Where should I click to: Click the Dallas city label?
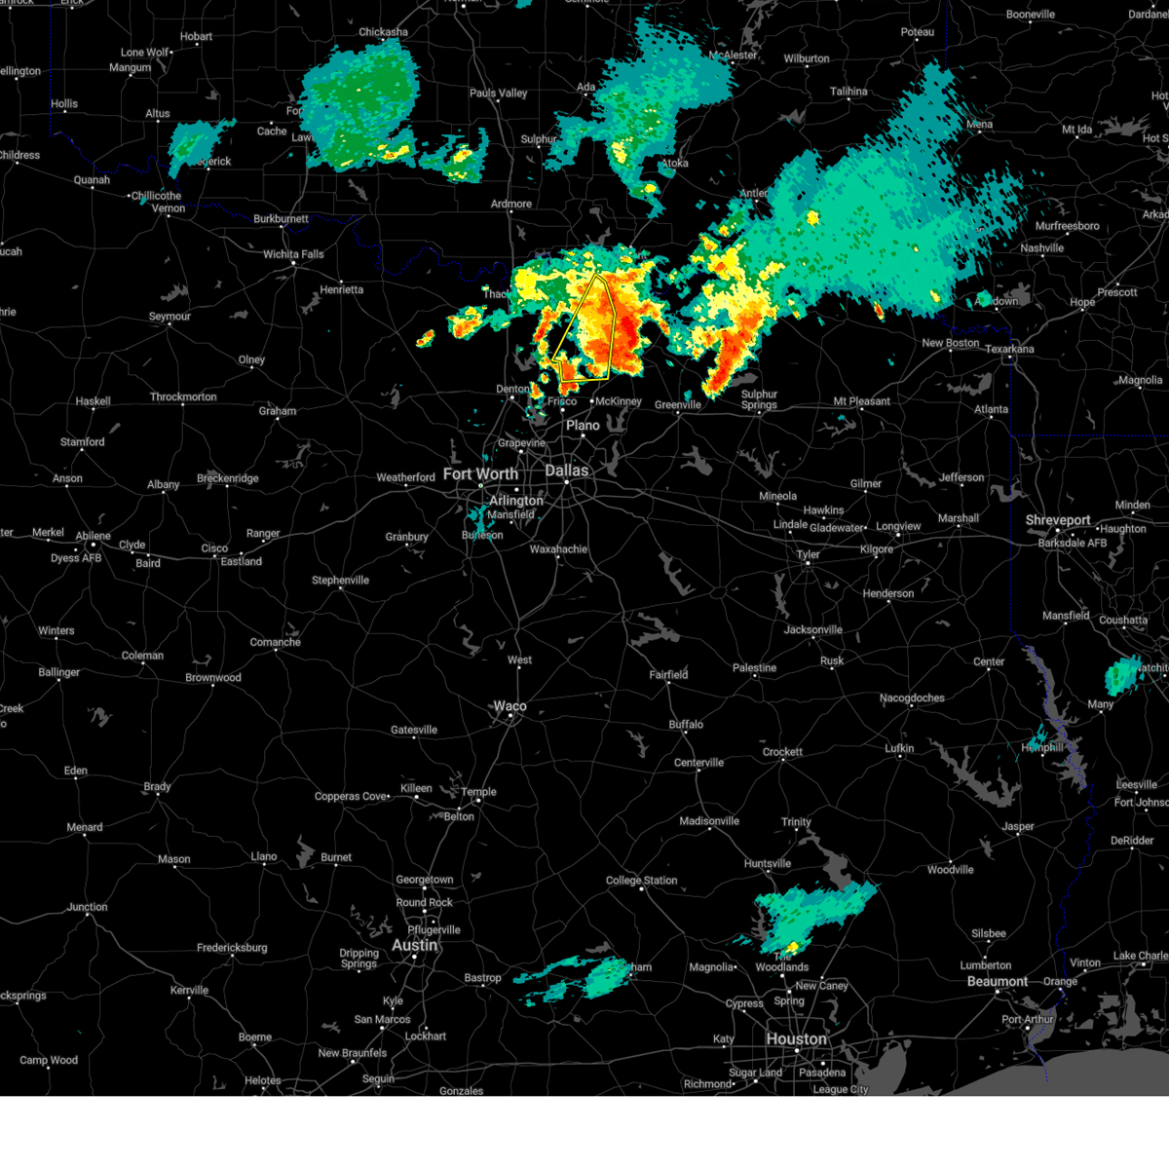point(566,471)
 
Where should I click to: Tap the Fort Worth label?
point(480,474)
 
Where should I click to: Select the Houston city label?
point(796,1039)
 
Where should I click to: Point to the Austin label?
point(415,946)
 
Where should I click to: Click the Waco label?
point(509,706)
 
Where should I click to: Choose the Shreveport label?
point(1057,520)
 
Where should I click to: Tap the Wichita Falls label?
point(293,254)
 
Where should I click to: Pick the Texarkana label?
point(1009,349)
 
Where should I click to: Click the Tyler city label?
point(809,554)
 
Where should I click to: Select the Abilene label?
point(94,536)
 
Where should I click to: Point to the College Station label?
point(642,881)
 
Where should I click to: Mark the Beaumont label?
point(998,981)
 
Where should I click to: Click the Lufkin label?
point(899,748)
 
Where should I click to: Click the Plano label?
point(583,426)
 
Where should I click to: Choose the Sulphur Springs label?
point(759,399)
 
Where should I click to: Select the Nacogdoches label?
point(912,698)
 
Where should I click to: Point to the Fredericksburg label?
point(232,948)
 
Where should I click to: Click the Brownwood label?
point(213,678)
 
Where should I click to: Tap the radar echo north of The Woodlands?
point(813,911)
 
